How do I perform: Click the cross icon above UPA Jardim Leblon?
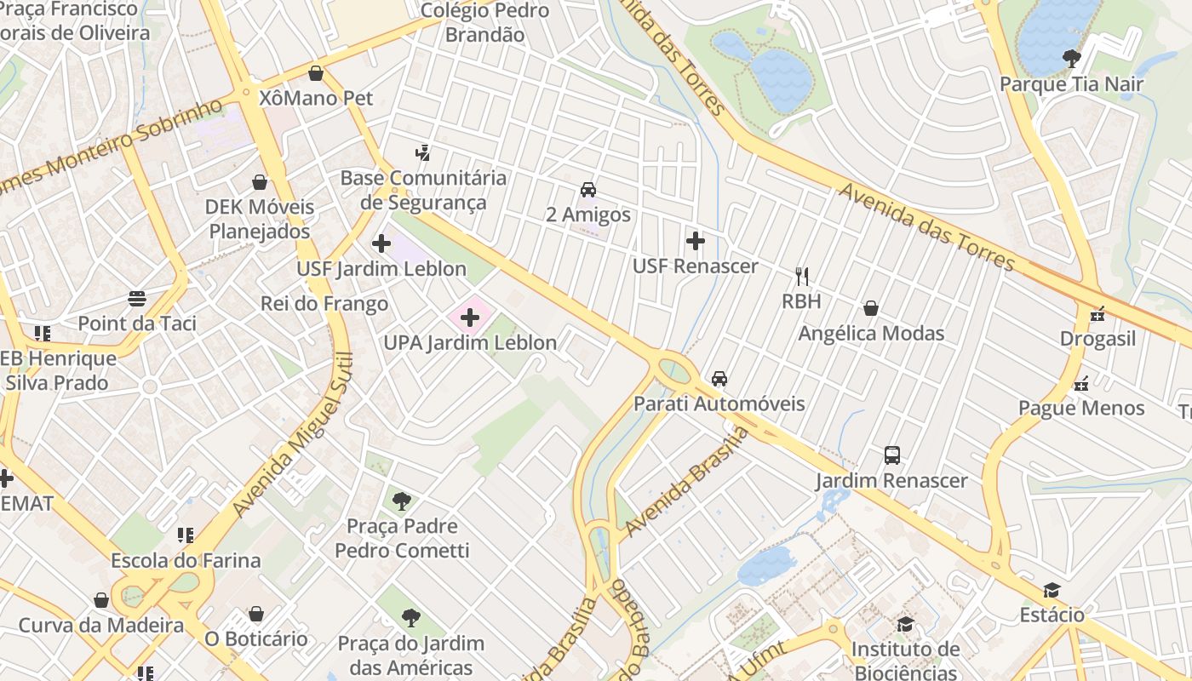tap(469, 318)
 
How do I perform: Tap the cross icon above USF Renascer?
tap(696, 241)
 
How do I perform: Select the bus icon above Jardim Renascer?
tap(892, 455)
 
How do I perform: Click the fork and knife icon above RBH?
tap(801, 276)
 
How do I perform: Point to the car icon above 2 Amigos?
tap(588, 189)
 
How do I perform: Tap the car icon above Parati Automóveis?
tap(719, 378)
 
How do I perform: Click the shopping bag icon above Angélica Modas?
tap(871, 307)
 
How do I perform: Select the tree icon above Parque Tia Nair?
tap(1071, 59)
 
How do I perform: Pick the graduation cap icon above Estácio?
tap(1052, 590)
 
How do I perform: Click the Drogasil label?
tap(1097, 339)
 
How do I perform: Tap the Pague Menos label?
tap(1081, 408)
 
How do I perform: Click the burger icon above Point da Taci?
tap(137, 298)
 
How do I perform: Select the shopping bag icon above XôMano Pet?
tap(316, 73)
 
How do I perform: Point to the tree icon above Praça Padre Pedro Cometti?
tap(402, 501)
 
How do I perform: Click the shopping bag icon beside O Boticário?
tap(256, 614)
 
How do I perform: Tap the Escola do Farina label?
tap(186, 561)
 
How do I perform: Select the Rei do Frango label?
tap(324, 304)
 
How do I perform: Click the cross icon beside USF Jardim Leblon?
tap(381, 244)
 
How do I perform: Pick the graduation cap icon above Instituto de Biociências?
tap(905, 625)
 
